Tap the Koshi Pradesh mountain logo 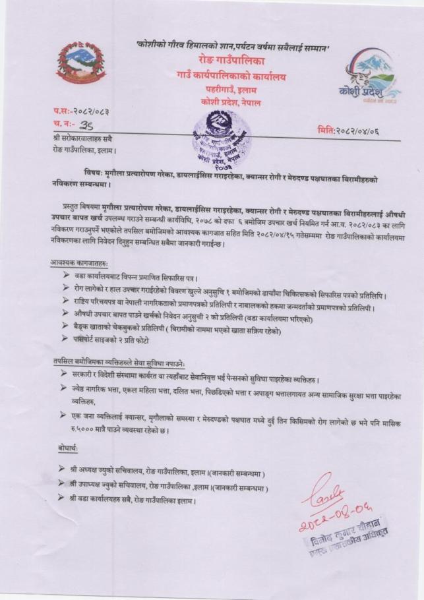click(x=369, y=76)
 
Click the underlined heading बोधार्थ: click(x=67, y=448)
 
